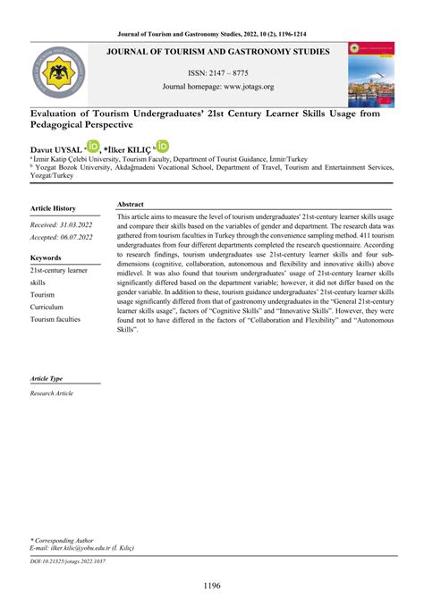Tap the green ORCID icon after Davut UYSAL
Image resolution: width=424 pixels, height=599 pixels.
click(x=93, y=146)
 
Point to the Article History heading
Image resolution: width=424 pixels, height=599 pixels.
click(x=53, y=207)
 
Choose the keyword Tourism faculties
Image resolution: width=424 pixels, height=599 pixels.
click(x=55, y=319)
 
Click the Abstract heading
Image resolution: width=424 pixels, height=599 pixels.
click(x=131, y=205)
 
